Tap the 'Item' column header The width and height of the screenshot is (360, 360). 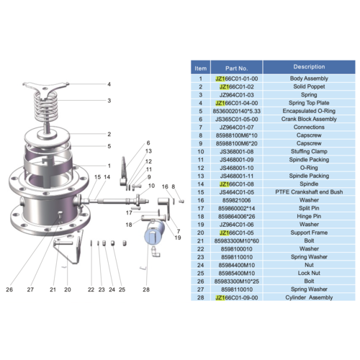(x=200, y=67)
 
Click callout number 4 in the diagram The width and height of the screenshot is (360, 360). (x=109, y=84)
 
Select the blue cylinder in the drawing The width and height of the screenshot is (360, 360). (x=155, y=234)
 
